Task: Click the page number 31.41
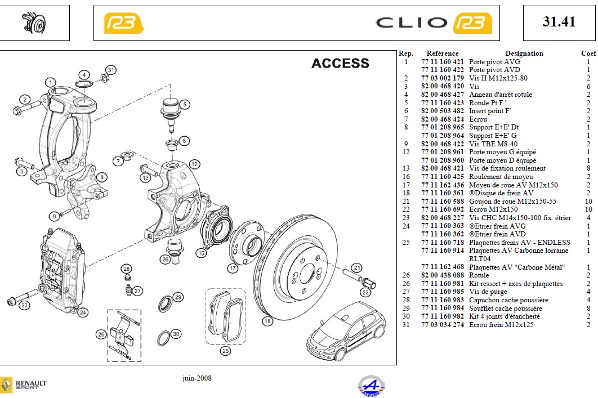coord(559,22)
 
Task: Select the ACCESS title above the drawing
coord(340,64)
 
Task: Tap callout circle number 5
coord(185,104)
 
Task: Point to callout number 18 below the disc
coord(267,321)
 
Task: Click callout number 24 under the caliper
coord(83,312)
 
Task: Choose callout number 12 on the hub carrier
coord(194,164)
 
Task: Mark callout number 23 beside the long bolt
coord(24,305)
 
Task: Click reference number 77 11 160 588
coord(443,201)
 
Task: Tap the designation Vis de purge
coord(488,292)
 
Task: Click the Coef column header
coord(588,53)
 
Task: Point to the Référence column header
coord(443,53)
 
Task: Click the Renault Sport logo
coord(24,384)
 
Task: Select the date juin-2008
coord(197,378)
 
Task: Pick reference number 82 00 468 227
coord(443,217)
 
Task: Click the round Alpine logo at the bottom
coord(372,386)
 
